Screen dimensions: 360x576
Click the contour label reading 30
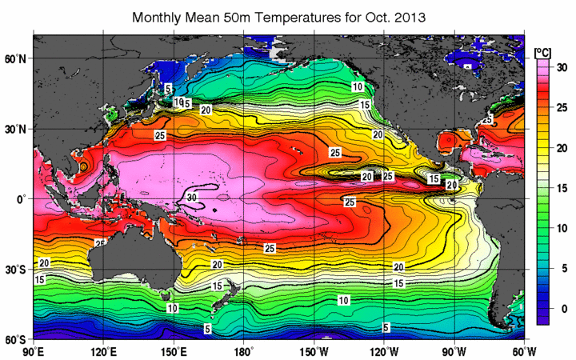pyautogui.click(x=191, y=196)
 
